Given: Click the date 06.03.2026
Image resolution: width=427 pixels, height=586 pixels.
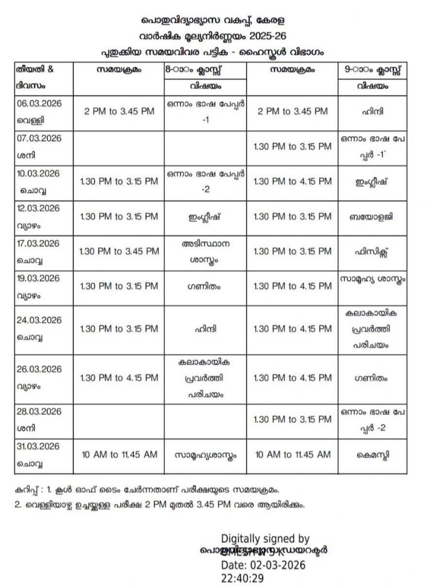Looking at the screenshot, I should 40,103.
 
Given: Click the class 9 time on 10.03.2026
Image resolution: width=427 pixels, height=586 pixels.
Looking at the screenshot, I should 292,181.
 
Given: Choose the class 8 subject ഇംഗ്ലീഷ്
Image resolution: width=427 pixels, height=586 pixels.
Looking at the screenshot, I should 205,217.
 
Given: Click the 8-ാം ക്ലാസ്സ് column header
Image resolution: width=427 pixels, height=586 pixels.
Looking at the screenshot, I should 205,69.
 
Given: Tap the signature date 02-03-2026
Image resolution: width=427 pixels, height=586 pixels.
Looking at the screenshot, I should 263,565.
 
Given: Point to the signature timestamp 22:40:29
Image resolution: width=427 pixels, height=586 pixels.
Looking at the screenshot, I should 243,578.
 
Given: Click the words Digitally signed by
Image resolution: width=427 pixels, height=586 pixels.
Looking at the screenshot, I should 265,539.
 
